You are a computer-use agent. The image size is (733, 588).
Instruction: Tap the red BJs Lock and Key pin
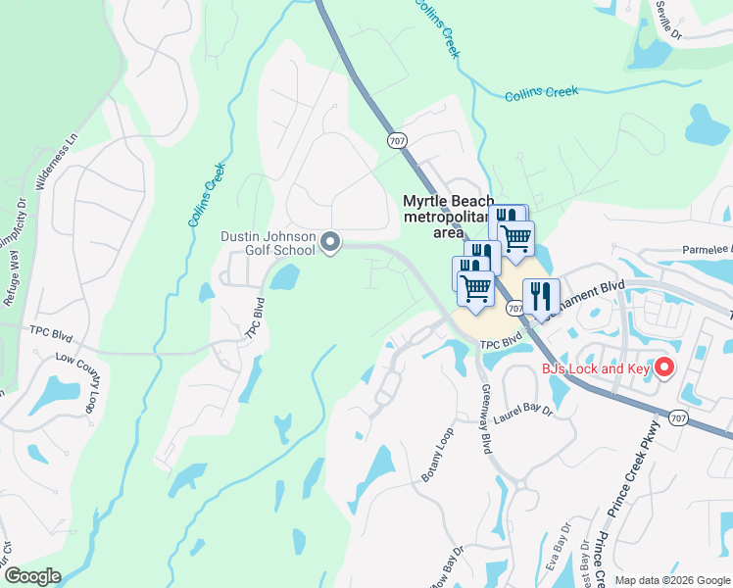(x=664, y=367)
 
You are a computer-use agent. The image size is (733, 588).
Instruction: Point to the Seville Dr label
(x=669, y=17)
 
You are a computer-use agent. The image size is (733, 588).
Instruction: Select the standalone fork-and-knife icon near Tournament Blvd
(x=541, y=295)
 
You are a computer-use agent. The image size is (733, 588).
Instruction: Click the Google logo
(x=32, y=575)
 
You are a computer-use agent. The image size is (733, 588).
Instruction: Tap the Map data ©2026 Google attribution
(x=671, y=580)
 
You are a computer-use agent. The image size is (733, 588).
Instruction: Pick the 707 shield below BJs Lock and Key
(x=678, y=418)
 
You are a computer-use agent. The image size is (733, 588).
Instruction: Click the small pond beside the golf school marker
(x=283, y=278)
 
